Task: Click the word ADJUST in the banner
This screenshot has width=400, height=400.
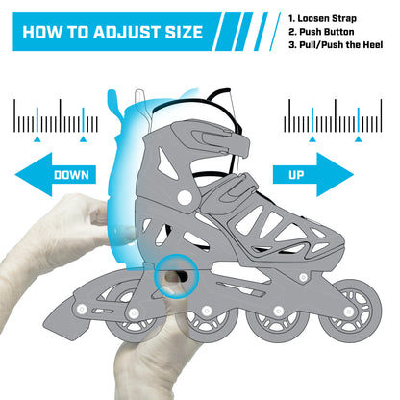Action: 126,32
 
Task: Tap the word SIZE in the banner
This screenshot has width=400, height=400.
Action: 184,32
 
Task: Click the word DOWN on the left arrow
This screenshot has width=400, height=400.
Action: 71,175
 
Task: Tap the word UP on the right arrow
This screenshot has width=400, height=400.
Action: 296,175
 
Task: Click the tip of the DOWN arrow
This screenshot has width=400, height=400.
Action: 15,175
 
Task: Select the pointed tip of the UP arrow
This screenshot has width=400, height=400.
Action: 354,175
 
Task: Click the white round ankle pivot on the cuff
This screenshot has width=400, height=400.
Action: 185,198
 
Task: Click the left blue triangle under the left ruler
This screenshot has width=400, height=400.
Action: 37,138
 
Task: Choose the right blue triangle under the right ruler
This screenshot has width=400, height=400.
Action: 359,138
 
